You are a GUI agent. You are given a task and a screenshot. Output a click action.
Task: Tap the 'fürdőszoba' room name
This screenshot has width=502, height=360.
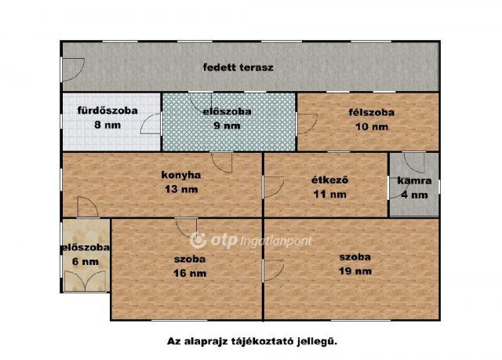click(x=107, y=111)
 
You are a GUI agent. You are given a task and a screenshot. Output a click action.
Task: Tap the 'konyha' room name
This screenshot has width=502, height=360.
click(x=181, y=176)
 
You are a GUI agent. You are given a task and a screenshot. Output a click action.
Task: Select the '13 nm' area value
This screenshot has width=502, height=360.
click(x=181, y=189)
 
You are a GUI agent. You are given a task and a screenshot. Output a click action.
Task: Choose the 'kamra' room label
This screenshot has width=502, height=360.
click(x=413, y=181)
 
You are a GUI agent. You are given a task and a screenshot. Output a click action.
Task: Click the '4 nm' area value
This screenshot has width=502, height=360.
click(x=413, y=195)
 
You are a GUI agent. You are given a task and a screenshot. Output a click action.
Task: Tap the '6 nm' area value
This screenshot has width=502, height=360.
click(x=85, y=262)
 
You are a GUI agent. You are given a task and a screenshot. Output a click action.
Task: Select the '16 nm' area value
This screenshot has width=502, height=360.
click(x=190, y=272)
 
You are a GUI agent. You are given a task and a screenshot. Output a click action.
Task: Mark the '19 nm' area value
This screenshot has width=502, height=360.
click(x=355, y=270)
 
